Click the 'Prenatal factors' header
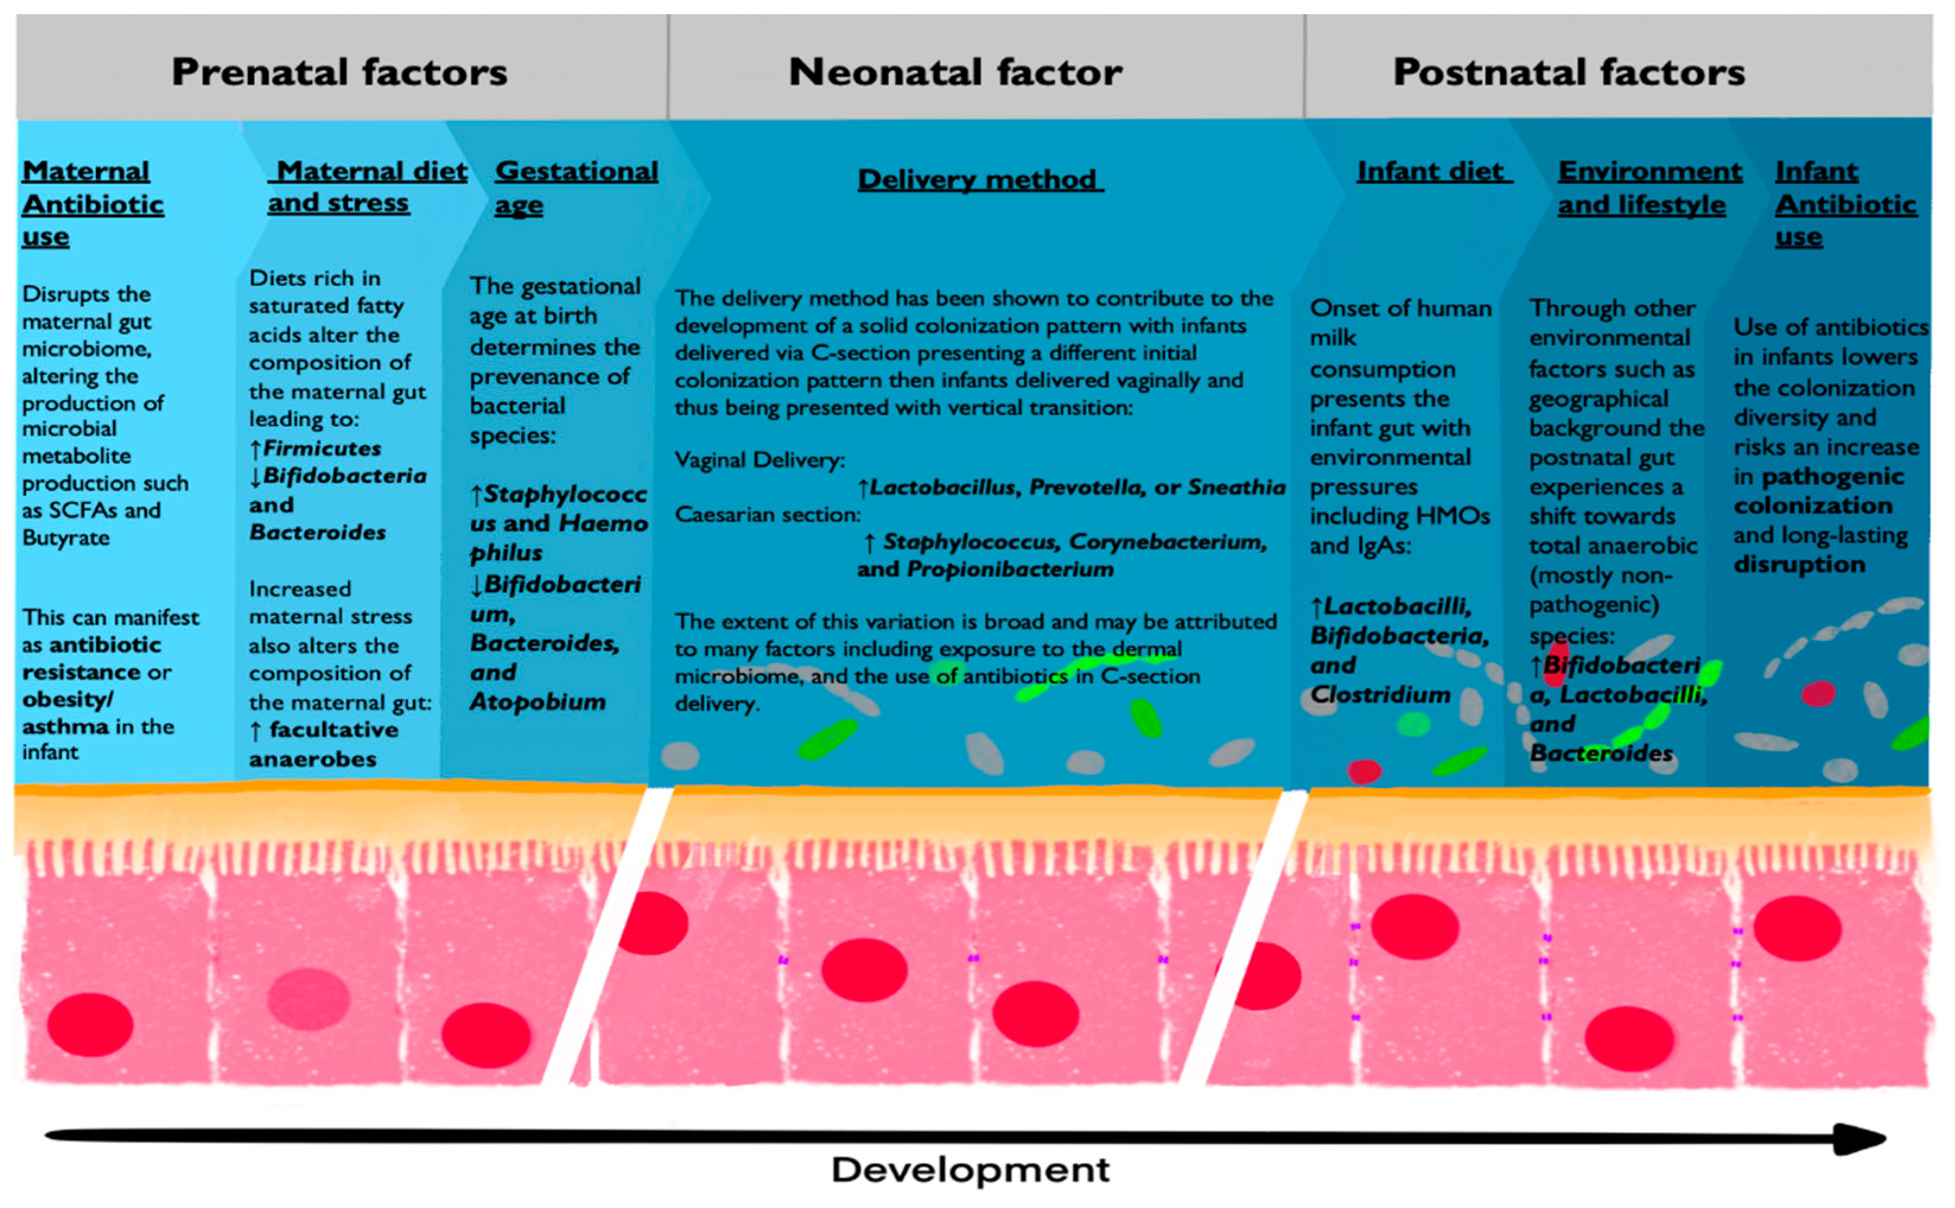(339, 72)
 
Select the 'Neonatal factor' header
(955, 72)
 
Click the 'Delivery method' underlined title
(980, 180)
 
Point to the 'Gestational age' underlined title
(576, 187)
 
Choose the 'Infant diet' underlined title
(1433, 171)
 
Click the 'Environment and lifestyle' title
(1648, 187)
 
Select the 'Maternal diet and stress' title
(367, 186)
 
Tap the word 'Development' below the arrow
(970, 1169)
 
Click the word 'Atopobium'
(537, 701)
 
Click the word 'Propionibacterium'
(1010, 569)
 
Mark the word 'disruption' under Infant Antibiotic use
(1798, 564)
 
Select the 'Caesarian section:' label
(768, 514)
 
